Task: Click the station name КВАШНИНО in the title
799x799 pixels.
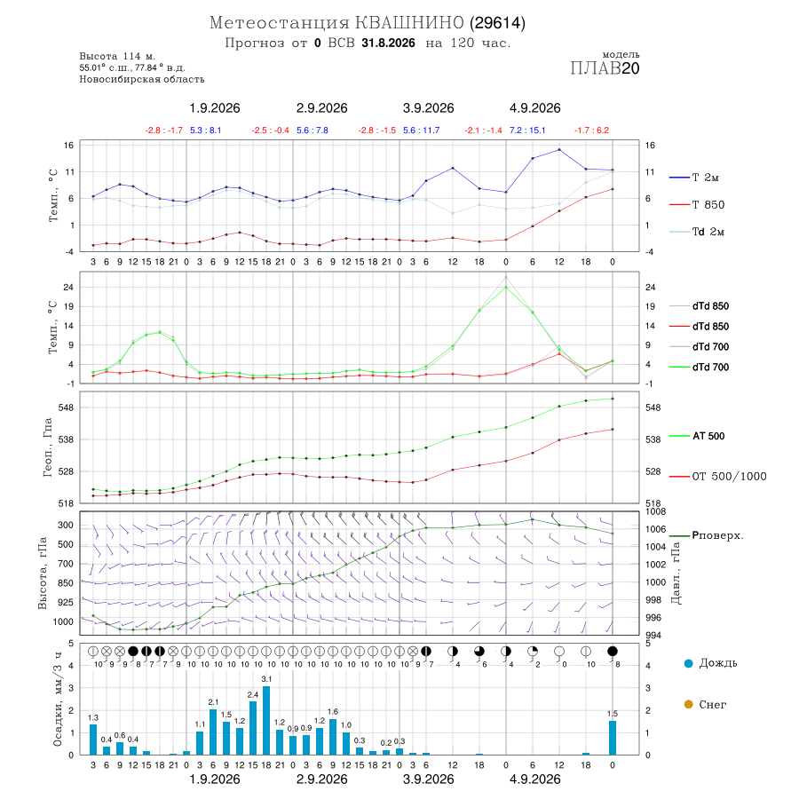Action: point(409,23)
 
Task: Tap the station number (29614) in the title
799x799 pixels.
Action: point(498,23)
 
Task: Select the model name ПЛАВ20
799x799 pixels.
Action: point(605,67)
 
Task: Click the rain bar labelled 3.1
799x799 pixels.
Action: point(266,721)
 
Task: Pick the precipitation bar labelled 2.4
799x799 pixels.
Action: point(253,728)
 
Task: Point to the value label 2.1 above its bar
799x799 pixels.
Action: point(213,702)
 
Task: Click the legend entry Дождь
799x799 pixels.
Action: point(711,663)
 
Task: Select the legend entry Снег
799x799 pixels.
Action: point(705,704)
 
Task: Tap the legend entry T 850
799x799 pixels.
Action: point(697,205)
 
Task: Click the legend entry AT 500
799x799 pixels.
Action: point(697,436)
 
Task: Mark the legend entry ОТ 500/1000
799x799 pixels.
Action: point(718,477)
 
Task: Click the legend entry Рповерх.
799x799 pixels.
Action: point(707,535)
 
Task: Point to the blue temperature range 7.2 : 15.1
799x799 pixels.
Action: point(527,131)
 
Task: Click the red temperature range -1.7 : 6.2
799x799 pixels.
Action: point(591,131)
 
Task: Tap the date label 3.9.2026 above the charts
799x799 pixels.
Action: point(428,108)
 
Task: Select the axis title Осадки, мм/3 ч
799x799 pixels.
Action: point(57,700)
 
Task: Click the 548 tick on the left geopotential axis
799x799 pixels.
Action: point(67,407)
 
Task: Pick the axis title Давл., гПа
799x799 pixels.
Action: point(676,574)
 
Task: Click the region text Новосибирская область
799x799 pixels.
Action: point(142,80)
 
